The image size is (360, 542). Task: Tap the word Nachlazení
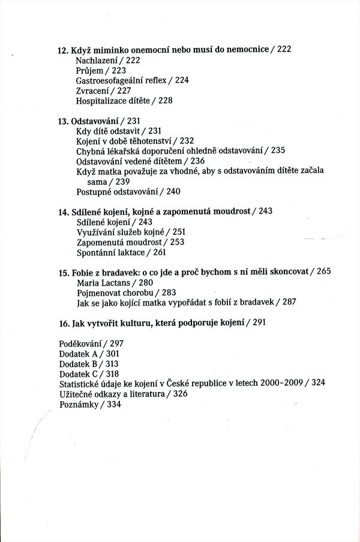tap(98, 61)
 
